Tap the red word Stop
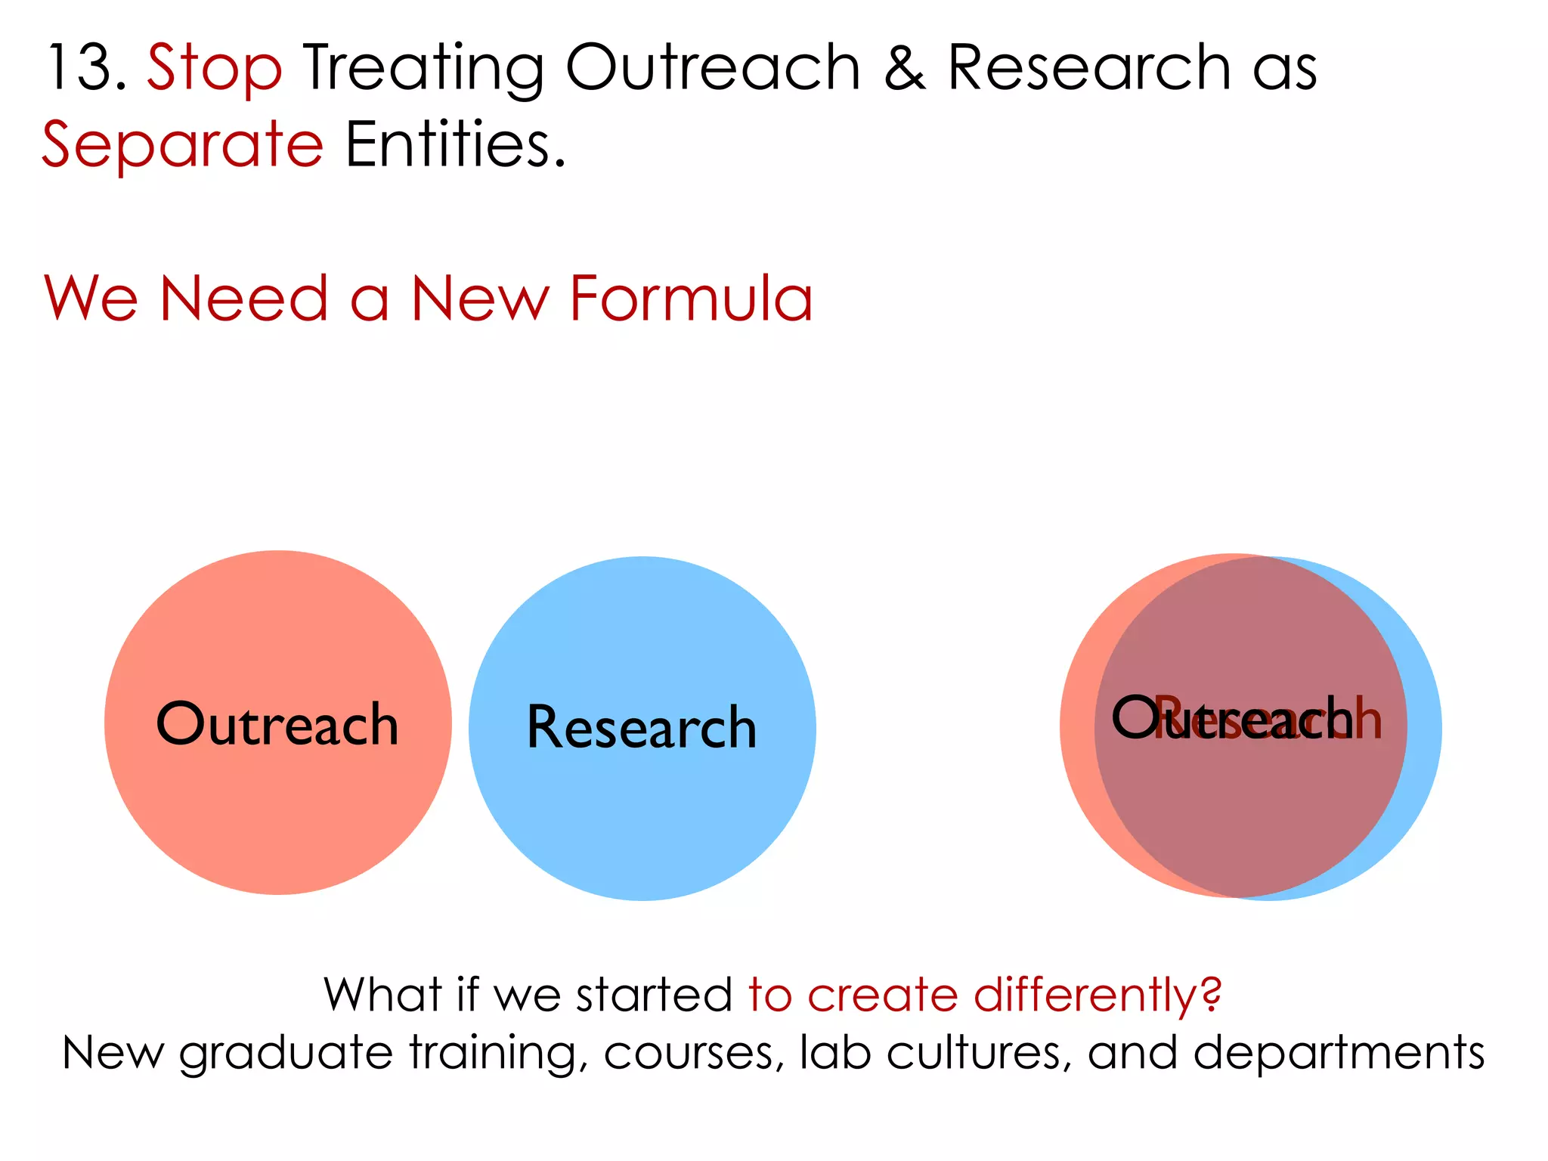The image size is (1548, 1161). click(x=215, y=68)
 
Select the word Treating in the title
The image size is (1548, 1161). click(x=423, y=68)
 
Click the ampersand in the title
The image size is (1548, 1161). click(x=904, y=68)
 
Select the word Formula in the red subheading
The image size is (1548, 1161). click(x=691, y=299)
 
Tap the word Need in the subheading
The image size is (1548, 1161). click(x=244, y=299)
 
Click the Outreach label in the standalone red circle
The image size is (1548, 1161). click(x=277, y=724)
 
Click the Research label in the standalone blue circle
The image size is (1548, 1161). click(x=642, y=727)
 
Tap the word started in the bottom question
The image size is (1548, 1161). click(x=654, y=995)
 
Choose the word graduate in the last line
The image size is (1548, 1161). click(x=286, y=1054)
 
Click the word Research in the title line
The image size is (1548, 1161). click(x=1088, y=68)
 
